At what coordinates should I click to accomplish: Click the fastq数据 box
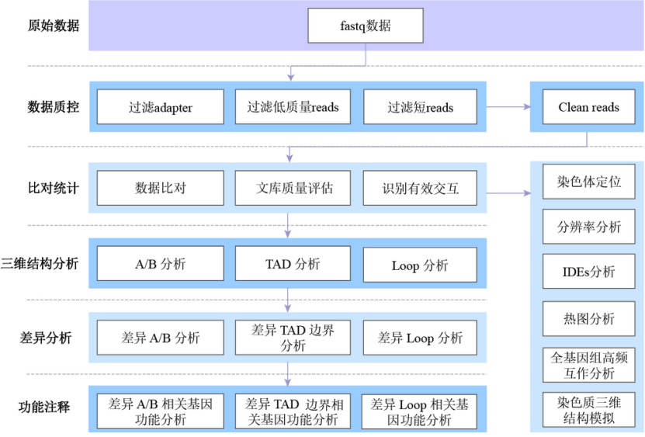[x=366, y=26]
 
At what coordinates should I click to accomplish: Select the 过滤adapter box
[x=160, y=107]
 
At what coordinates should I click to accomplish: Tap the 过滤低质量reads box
[x=293, y=107]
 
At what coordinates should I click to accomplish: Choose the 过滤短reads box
[x=420, y=107]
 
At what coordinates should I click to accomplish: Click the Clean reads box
[x=588, y=107]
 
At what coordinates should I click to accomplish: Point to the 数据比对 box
[x=160, y=188]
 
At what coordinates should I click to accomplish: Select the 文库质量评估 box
[x=293, y=188]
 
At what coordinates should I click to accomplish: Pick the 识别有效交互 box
[x=420, y=188]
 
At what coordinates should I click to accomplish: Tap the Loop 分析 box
[x=420, y=265]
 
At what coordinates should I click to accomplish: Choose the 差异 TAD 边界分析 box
[x=293, y=338]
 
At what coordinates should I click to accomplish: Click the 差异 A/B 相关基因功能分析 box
[x=160, y=411]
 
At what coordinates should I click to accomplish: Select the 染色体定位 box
[x=588, y=183]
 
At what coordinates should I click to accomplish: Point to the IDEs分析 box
[x=588, y=272]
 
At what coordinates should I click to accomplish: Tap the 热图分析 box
[x=588, y=318]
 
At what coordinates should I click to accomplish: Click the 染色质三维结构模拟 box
[x=588, y=410]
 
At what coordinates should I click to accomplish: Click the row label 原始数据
[x=54, y=26]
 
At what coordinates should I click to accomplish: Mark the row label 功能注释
[x=45, y=407]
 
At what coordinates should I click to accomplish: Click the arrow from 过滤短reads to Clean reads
[x=508, y=107]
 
